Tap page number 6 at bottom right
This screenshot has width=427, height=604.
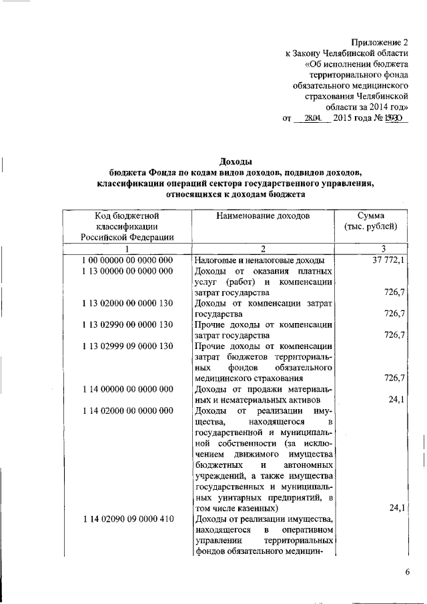point(408,571)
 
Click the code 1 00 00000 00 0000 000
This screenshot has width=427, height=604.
point(127,260)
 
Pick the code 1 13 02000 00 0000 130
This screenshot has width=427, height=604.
point(127,303)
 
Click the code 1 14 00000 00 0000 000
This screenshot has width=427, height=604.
point(127,388)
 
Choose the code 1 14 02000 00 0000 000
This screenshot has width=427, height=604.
point(127,410)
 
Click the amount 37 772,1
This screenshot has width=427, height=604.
point(388,260)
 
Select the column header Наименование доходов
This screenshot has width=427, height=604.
point(263,216)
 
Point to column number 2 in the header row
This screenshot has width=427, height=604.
point(264,249)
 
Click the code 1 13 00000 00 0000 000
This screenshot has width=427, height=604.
point(127,271)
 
